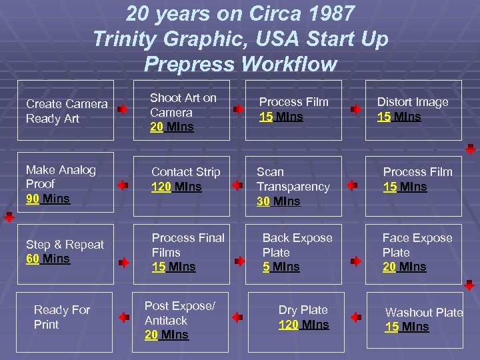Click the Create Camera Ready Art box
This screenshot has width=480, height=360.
[x=66, y=111]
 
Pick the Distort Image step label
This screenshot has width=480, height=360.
[x=413, y=102]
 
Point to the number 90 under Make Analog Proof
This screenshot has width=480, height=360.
[x=32, y=199]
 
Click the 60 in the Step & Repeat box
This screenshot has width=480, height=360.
[x=33, y=259]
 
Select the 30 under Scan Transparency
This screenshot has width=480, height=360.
[x=263, y=201]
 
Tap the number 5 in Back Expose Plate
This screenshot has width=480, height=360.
[x=266, y=267]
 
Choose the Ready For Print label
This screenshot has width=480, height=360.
[x=61, y=317]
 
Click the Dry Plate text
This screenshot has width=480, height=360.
[x=303, y=310]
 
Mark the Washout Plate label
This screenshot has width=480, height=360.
[x=424, y=313]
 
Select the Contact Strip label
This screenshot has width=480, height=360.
[x=185, y=172]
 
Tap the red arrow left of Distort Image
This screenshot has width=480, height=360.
[x=357, y=107]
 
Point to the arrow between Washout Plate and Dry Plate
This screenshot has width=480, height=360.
[x=356, y=317]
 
